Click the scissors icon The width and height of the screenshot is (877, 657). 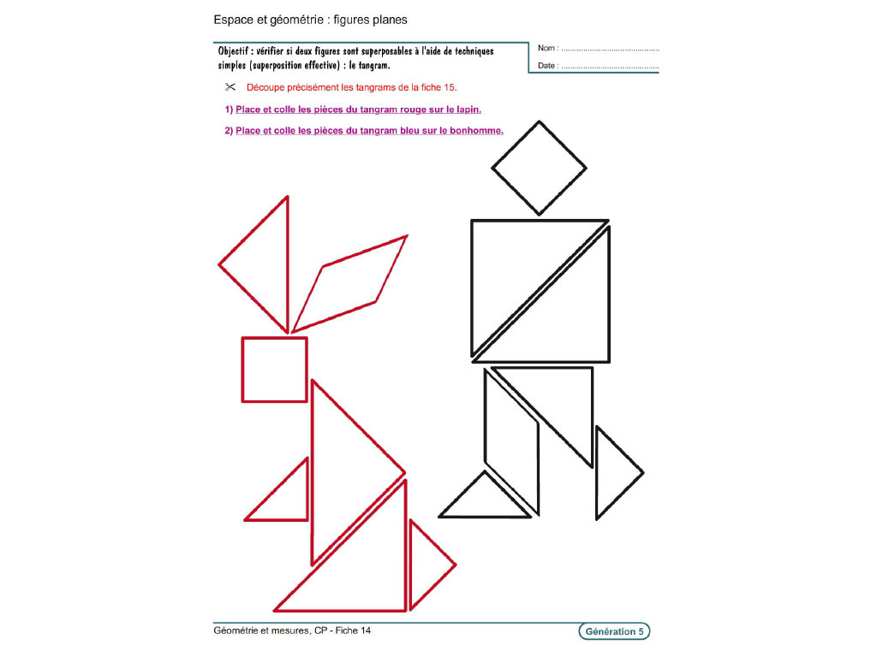coord(230,86)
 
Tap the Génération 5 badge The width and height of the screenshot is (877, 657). coord(614,631)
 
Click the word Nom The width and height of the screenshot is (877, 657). coord(546,48)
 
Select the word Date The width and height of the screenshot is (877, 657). coord(546,65)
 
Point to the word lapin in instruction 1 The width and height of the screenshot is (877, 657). coord(468,109)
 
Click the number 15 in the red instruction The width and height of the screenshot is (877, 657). coord(449,87)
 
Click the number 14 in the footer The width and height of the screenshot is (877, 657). coord(365,630)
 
